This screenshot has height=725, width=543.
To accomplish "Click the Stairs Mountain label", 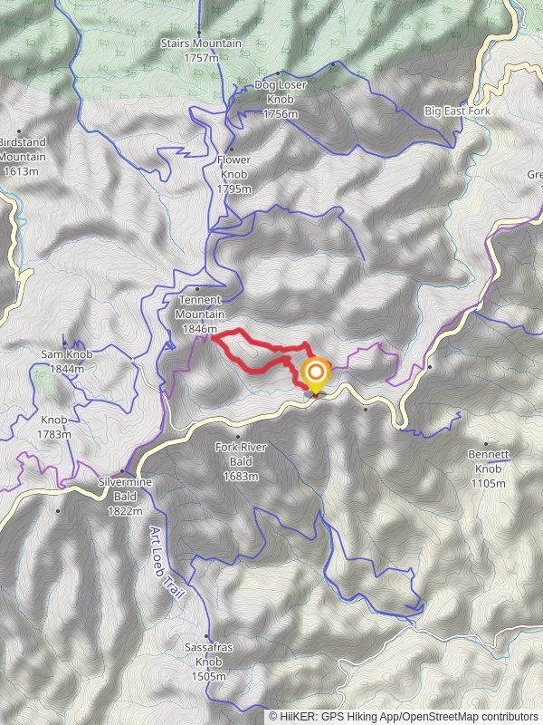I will click(201, 50).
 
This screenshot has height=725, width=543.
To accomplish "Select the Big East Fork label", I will click(458, 111).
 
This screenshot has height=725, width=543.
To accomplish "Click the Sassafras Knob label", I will click(208, 662).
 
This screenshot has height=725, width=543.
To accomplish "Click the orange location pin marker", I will click(316, 374).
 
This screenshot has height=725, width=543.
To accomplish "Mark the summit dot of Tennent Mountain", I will click(196, 289).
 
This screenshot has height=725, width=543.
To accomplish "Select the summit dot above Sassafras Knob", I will click(207, 636).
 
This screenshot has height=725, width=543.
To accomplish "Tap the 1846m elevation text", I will click(200, 329).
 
